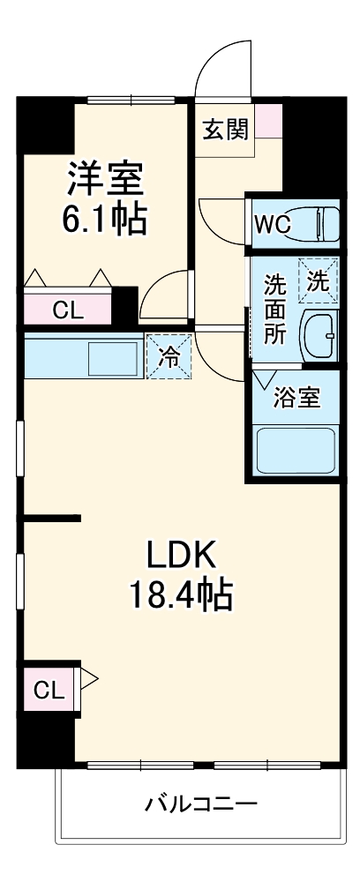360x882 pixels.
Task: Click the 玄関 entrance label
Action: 225,130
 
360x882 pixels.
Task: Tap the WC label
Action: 272,223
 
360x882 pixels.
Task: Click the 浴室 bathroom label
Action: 296,398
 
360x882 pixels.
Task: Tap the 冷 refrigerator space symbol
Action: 168,357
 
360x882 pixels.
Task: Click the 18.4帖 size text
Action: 181,596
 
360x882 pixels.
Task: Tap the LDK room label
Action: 181,555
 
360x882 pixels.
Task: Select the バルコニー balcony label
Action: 201,804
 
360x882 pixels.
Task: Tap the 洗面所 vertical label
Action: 275,310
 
